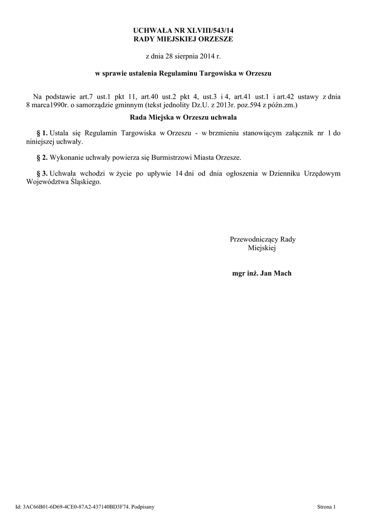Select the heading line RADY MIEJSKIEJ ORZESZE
[x=184, y=39]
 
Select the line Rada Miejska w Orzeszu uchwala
[x=184, y=117]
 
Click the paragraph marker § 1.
[x=42, y=133]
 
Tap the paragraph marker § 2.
[x=42, y=157]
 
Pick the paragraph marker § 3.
[x=42, y=174]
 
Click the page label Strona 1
[x=326, y=506]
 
